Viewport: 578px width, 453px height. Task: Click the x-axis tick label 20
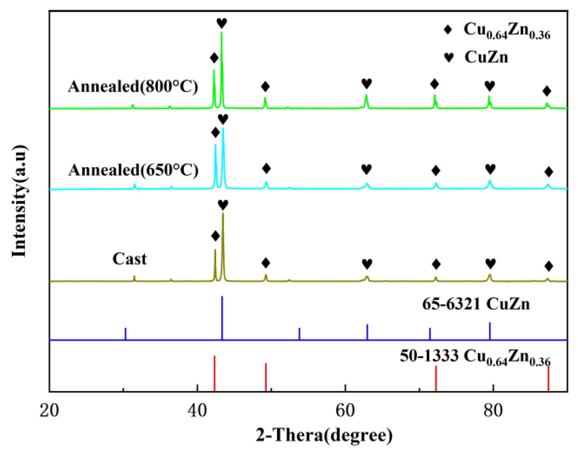tap(49, 411)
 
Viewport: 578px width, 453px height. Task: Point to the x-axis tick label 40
tap(197, 411)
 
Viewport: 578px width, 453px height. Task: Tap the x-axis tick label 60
tap(345, 411)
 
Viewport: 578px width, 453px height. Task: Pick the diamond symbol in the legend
tap(448, 30)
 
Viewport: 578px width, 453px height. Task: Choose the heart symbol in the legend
tap(448, 57)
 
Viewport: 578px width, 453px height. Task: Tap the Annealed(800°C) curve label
tap(133, 86)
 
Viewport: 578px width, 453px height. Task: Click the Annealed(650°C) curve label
tap(134, 170)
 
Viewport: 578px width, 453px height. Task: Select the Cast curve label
tap(129, 259)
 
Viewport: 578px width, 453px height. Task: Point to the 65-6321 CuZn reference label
tap(476, 304)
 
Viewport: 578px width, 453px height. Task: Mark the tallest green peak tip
tap(222, 33)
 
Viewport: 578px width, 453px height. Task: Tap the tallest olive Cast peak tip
tap(223, 213)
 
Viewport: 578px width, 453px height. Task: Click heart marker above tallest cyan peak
tap(223, 119)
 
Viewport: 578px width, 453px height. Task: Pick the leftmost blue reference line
tap(126, 334)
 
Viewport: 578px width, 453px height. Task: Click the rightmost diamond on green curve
tap(547, 91)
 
